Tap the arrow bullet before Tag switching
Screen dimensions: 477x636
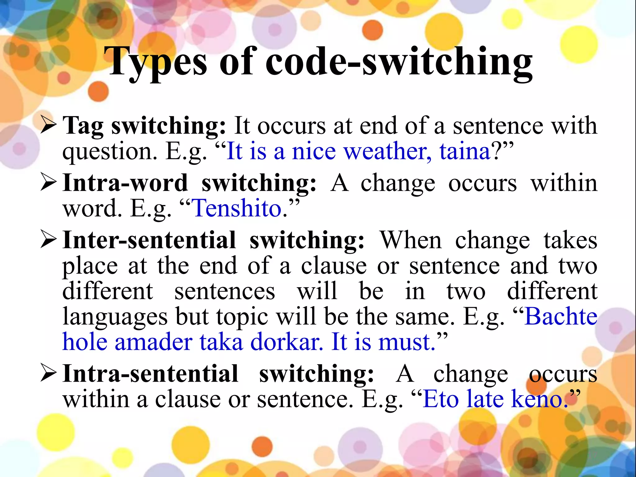click(x=48, y=126)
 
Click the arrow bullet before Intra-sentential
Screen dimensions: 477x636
click(x=48, y=374)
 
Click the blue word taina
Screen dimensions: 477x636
click(x=465, y=152)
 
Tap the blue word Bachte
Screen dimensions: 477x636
click(x=561, y=316)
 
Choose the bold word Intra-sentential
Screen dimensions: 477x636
click(x=150, y=374)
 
